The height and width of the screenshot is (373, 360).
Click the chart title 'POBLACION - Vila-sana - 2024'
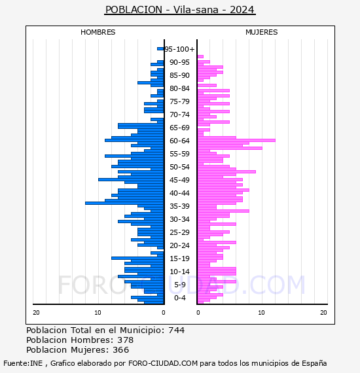[x=180, y=10]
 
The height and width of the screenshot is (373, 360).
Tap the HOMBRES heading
[x=98, y=32]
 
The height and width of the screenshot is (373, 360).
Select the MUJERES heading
[x=262, y=32]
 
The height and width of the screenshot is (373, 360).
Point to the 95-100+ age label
[x=179, y=49]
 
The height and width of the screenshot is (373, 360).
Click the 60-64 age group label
[x=179, y=141]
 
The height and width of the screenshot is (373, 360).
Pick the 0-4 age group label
[x=179, y=298]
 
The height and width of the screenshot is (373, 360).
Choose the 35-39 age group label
[x=179, y=206]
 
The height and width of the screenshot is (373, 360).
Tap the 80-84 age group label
[x=179, y=88]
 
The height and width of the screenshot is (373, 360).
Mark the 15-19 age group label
[x=179, y=258]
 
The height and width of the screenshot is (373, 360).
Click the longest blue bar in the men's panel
[x=124, y=203]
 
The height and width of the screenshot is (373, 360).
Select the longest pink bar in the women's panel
[x=236, y=140]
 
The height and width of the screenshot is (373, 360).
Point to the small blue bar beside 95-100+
[x=160, y=49]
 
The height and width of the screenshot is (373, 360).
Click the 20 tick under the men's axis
[x=36, y=313]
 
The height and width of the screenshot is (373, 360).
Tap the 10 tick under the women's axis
[x=261, y=313]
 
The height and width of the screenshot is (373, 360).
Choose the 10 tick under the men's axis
[x=98, y=313]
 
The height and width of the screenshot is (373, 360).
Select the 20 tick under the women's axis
[x=323, y=313]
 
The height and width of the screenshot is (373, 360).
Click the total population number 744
[x=176, y=330]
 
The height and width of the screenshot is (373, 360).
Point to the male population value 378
[x=126, y=340]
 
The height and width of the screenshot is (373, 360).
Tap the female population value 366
[x=121, y=350]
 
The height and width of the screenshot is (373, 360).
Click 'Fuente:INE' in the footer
[x=23, y=363]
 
